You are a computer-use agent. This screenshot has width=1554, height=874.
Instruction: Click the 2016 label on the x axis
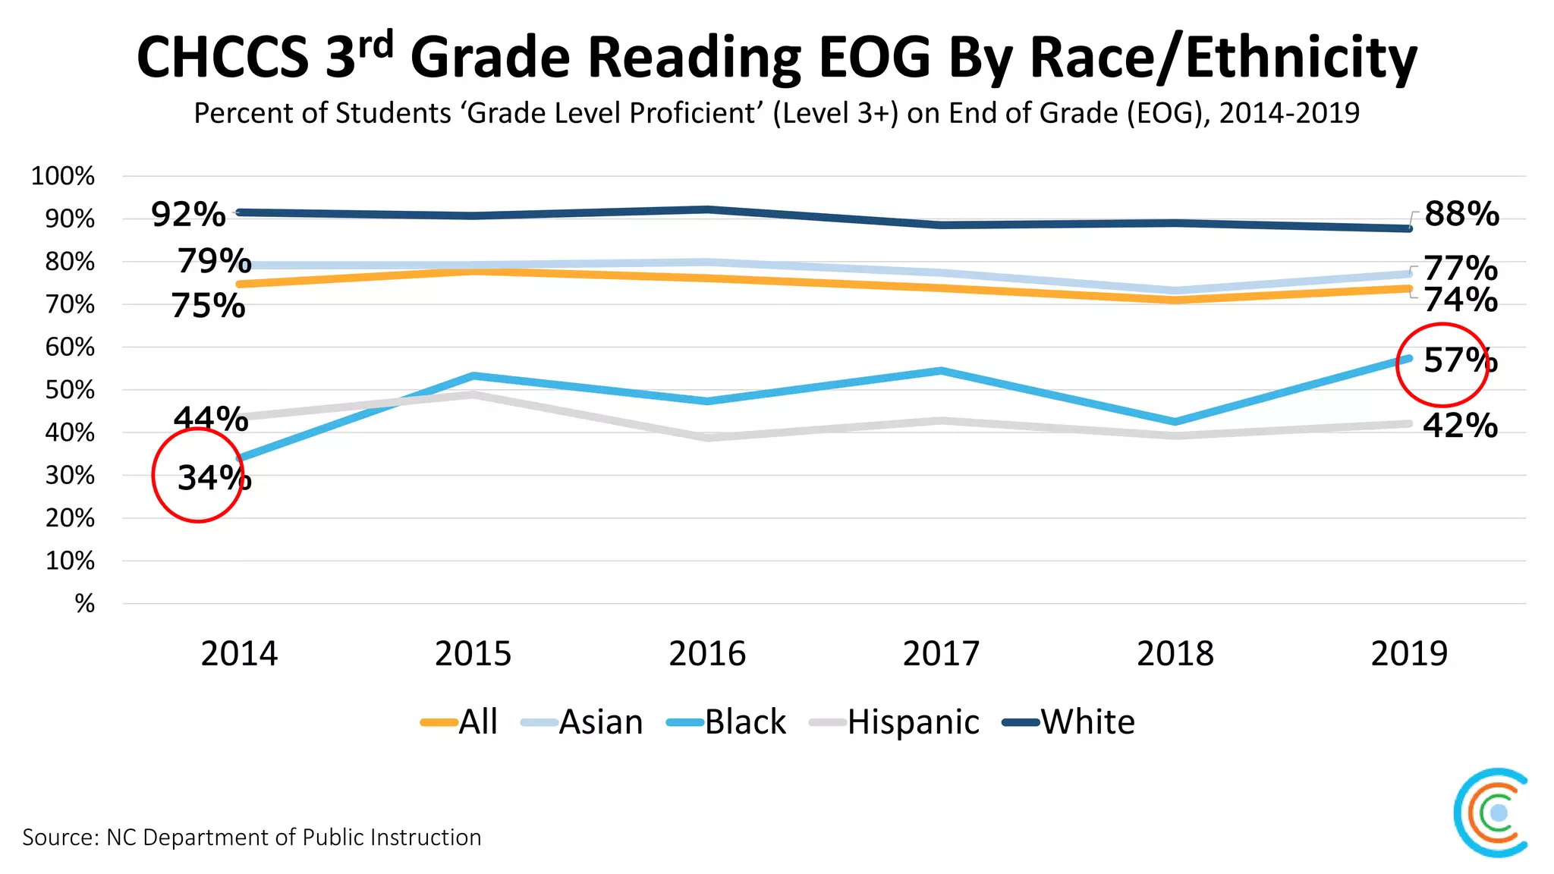point(707,654)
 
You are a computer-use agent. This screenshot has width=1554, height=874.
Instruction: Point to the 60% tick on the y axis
point(70,347)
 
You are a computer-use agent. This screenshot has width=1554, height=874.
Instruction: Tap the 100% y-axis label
point(62,176)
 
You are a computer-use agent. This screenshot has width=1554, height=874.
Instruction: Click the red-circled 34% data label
point(213,478)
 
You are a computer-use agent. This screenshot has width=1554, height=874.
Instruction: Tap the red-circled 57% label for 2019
point(1459,360)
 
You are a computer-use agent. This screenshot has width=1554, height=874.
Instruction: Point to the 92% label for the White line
point(188,215)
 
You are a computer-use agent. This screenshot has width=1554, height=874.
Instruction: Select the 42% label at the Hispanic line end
point(1459,426)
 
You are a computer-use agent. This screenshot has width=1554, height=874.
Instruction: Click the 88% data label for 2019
point(1461,214)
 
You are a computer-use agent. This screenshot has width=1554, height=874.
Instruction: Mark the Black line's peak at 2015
point(473,376)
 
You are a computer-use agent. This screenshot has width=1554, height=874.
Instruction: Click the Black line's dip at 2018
point(1175,422)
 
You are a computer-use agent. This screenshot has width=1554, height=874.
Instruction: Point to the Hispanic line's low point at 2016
point(707,438)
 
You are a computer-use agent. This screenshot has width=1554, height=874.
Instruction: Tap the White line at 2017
point(942,225)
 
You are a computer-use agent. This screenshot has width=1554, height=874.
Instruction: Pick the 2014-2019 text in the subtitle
point(1289,113)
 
